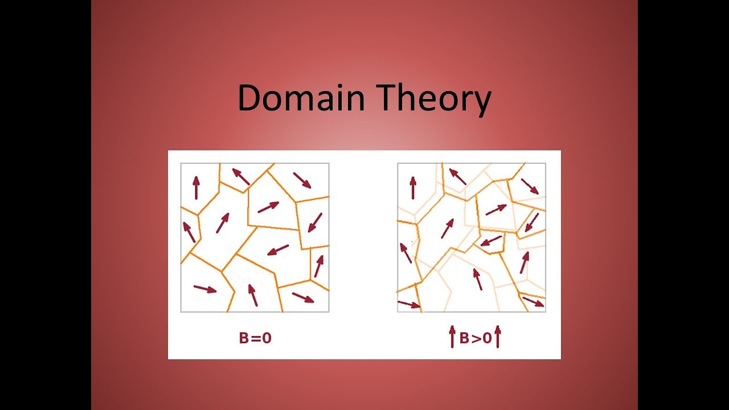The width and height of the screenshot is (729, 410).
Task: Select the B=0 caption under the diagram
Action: pyautogui.click(x=255, y=338)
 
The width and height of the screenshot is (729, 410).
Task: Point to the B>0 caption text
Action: pyautogui.click(x=475, y=338)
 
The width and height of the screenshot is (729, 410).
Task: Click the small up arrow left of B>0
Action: pyautogui.click(x=453, y=337)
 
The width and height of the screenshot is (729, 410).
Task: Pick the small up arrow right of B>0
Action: pyautogui.click(x=497, y=337)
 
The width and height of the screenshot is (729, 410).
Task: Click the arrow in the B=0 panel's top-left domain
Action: pyautogui.click(x=196, y=187)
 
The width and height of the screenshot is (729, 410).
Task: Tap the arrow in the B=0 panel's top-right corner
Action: pyautogui.click(x=302, y=180)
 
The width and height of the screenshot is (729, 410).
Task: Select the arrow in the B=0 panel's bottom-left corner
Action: pyautogui.click(x=205, y=289)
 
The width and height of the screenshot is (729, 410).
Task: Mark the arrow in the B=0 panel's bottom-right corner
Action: pyautogui.click(x=303, y=297)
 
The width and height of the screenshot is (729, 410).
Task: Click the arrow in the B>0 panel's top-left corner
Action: pyautogui.click(x=413, y=187)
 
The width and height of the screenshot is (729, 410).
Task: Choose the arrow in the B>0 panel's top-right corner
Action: pyautogui.click(x=530, y=186)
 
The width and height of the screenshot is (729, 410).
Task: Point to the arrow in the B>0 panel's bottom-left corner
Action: pyautogui.click(x=409, y=304)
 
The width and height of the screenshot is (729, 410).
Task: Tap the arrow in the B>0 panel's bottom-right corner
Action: pyautogui.click(x=533, y=301)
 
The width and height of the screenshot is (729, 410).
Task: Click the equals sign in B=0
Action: pyautogui.click(x=256, y=338)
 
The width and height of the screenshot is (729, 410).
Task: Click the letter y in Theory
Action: pyautogui.click(x=480, y=102)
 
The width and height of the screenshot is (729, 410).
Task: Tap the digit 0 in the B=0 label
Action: pyautogui.click(x=266, y=338)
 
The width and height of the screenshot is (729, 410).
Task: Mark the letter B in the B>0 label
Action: pyautogui.click(x=464, y=338)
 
